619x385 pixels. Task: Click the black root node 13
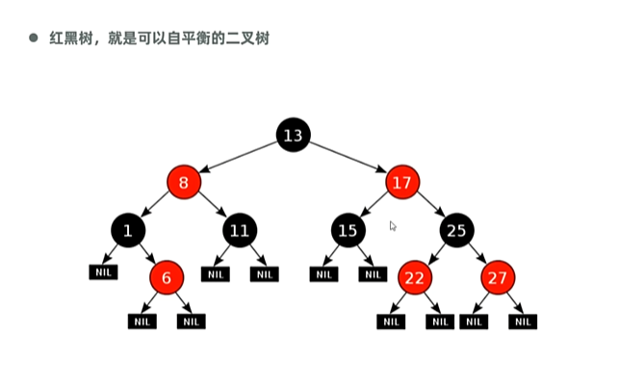pyautogui.click(x=293, y=136)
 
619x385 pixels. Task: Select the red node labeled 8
pyautogui.click(x=183, y=181)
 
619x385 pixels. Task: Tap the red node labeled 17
pyautogui.click(x=403, y=181)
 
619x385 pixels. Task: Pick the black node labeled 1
pyautogui.click(x=128, y=230)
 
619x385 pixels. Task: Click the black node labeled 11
pyautogui.click(x=239, y=230)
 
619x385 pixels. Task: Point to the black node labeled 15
pyautogui.click(x=348, y=230)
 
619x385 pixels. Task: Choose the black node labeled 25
pyautogui.click(x=457, y=230)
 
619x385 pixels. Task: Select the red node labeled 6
pyautogui.click(x=166, y=278)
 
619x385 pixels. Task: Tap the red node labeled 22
pyautogui.click(x=415, y=278)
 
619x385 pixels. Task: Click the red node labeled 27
pyautogui.click(x=498, y=278)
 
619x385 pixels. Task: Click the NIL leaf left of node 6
pyautogui.click(x=103, y=272)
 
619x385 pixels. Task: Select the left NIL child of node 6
pyautogui.click(x=142, y=321)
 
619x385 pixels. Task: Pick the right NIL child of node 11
pyautogui.click(x=264, y=274)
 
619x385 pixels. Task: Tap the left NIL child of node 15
pyautogui.click(x=323, y=274)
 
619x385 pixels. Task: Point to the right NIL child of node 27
pyautogui.click(x=523, y=321)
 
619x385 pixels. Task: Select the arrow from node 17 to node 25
pyautogui.click(x=430, y=205)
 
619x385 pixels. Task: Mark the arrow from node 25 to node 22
pyautogui.click(x=436, y=254)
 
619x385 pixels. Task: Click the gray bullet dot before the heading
pyautogui.click(x=32, y=38)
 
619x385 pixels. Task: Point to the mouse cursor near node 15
pyautogui.click(x=392, y=226)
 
